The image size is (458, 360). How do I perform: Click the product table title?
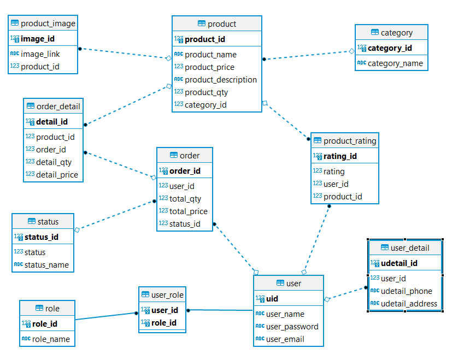[222, 23]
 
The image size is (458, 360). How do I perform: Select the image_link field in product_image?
[40, 54]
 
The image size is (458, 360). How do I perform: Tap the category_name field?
[395, 63]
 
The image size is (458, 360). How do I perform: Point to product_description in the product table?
[221, 80]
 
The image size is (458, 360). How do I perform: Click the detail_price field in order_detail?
[57, 175]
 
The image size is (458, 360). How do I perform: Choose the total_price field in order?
[189, 211]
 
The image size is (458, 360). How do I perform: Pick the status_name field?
[47, 265]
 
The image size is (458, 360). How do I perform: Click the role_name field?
[51, 339]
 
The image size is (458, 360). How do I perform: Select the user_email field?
[285, 339]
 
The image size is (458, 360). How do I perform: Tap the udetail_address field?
[409, 304]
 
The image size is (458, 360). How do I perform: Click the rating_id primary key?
[340, 156]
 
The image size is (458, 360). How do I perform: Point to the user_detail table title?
[410, 247]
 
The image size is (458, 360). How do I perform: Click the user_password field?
[292, 327]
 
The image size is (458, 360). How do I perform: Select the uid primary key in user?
[272, 299]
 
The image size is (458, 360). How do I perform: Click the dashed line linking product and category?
[308, 55]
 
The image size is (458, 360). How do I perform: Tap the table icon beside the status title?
[31, 222]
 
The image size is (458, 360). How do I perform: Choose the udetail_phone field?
[406, 291]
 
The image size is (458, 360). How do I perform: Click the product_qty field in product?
[206, 92]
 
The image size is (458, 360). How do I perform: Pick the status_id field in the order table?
[185, 223]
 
